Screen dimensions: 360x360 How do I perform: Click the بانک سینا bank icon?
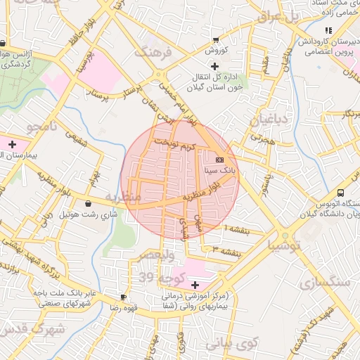[219, 160]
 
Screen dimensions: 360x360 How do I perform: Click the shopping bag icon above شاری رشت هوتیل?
[88, 204]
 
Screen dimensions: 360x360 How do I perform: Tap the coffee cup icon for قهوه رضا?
[124, 297]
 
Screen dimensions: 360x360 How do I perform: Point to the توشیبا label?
[284, 245]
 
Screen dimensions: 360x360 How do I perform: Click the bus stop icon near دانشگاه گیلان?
[341, 193]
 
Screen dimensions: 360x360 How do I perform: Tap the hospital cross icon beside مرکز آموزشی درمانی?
[195, 285]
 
